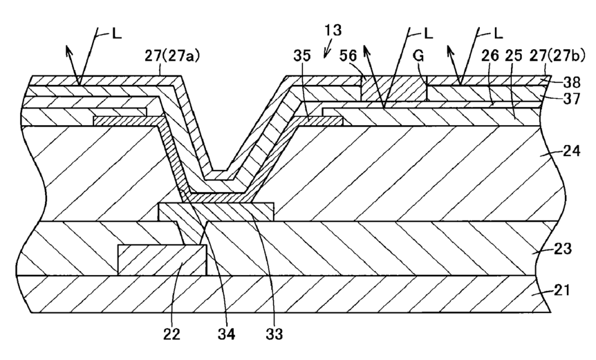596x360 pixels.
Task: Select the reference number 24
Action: [x=571, y=151]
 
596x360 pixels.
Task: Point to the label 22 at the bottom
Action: [x=171, y=334]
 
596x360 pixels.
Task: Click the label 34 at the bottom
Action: [x=227, y=334]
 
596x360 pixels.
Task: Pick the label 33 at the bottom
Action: [x=274, y=334]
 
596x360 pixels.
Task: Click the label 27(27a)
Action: [x=172, y=56]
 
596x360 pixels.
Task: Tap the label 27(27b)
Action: [x=557, y=56]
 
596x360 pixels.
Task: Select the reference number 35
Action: [x=302, y=56]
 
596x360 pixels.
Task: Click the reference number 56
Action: [x=348, y=56]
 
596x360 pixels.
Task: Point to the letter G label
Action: [x=418, y=56]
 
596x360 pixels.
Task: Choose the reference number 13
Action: [x=333, y=30]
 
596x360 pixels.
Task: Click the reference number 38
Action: [x=572, y=82]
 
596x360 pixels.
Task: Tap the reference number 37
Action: [x=572, y=99]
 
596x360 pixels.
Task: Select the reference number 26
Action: [x=490, y=56]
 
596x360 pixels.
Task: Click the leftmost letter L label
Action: [x=117, y=34]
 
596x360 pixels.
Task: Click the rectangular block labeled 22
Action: [x=162, y=260]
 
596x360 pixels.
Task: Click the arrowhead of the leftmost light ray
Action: [x=68, y=50]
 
